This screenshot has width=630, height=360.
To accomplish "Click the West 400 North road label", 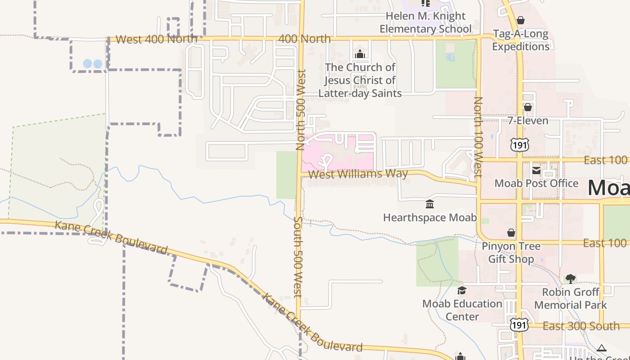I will (156, 39).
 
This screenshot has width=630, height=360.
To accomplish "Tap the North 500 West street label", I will (301, 109).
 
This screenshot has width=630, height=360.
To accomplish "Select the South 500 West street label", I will (298, 257).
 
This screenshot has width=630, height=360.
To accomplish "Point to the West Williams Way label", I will (359, 174).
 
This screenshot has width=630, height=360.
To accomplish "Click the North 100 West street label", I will (478, 137).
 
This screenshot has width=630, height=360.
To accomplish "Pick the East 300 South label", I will (581, 326).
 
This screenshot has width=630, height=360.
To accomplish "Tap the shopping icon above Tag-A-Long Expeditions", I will (521, 20).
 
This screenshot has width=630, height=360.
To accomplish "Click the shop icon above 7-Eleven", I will (528, 107).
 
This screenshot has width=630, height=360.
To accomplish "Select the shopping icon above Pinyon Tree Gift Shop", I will (511, 233).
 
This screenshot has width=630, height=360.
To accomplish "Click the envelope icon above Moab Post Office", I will (536, 170).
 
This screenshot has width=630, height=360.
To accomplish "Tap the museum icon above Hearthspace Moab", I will (430, 204).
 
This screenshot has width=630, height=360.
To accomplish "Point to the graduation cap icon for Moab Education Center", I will (462, 290).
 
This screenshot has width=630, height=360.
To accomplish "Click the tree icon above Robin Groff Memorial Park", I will (570, 279).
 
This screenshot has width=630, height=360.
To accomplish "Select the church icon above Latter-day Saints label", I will (360, 54).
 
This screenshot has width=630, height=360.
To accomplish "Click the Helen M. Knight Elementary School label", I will (425, 22).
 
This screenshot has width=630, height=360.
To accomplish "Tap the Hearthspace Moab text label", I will (430, 218).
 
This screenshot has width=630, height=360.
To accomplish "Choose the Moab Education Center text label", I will (462, 310).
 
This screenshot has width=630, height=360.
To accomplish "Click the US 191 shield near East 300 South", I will (519, 325).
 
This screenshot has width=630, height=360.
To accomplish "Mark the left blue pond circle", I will (88, 64).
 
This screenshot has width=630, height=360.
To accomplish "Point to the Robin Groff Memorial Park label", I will (571, 298).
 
